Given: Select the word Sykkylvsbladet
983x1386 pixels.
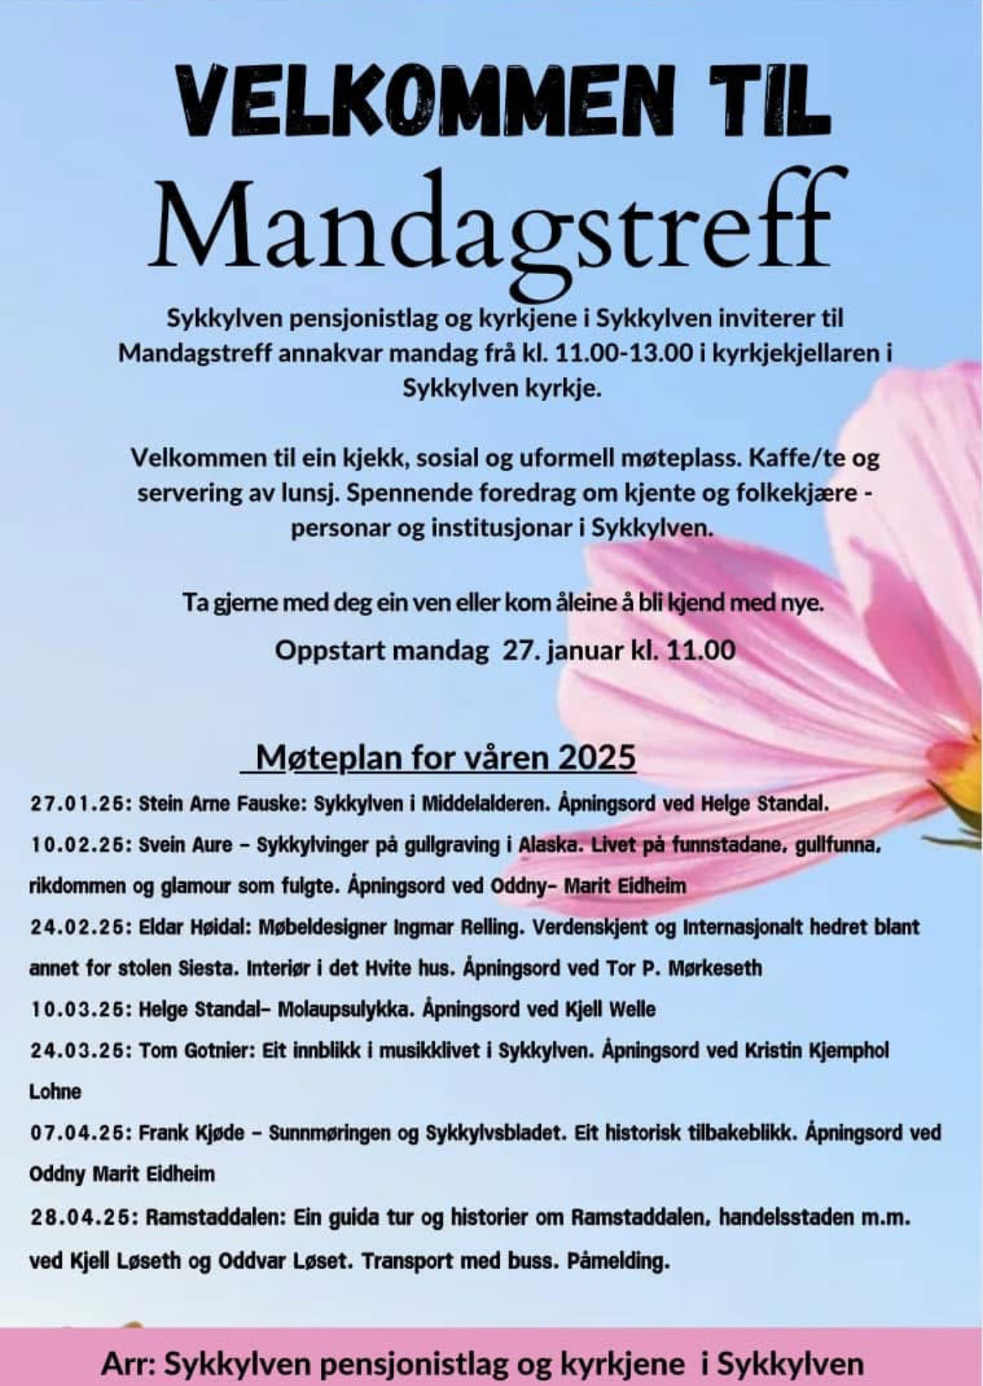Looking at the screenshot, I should click(x=495, y=1134).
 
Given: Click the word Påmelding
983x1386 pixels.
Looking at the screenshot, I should click(x=619, y=1261).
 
